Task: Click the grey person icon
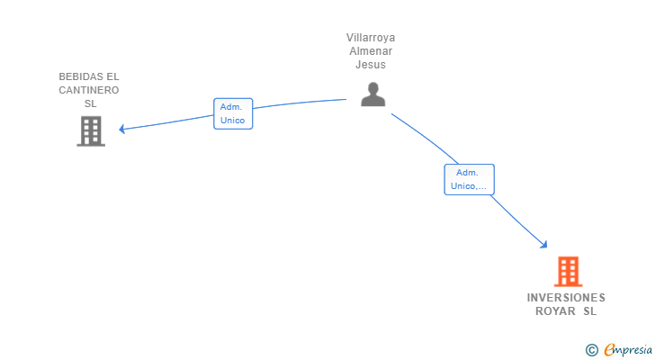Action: (372, 94)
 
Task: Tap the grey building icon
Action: (91, 131)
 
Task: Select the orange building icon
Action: (568, 272)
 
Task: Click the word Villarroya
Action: (371, 38)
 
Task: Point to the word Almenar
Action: (371, 51)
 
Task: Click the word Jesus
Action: (371, 65)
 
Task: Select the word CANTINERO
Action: (89, 90)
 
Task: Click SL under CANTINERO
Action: (90, 103)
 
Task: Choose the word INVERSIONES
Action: (566, 298)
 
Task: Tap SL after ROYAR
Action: (589, 311)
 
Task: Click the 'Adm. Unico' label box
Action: (233, 113)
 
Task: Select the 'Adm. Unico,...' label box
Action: (469, 179)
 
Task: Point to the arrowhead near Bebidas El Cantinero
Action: (122, 129)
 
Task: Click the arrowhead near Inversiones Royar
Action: (544, 244)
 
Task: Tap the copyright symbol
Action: (591, 350)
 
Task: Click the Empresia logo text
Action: (627, 349)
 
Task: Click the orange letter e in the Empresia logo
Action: (610, 350)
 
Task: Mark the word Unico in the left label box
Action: (233, 121)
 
